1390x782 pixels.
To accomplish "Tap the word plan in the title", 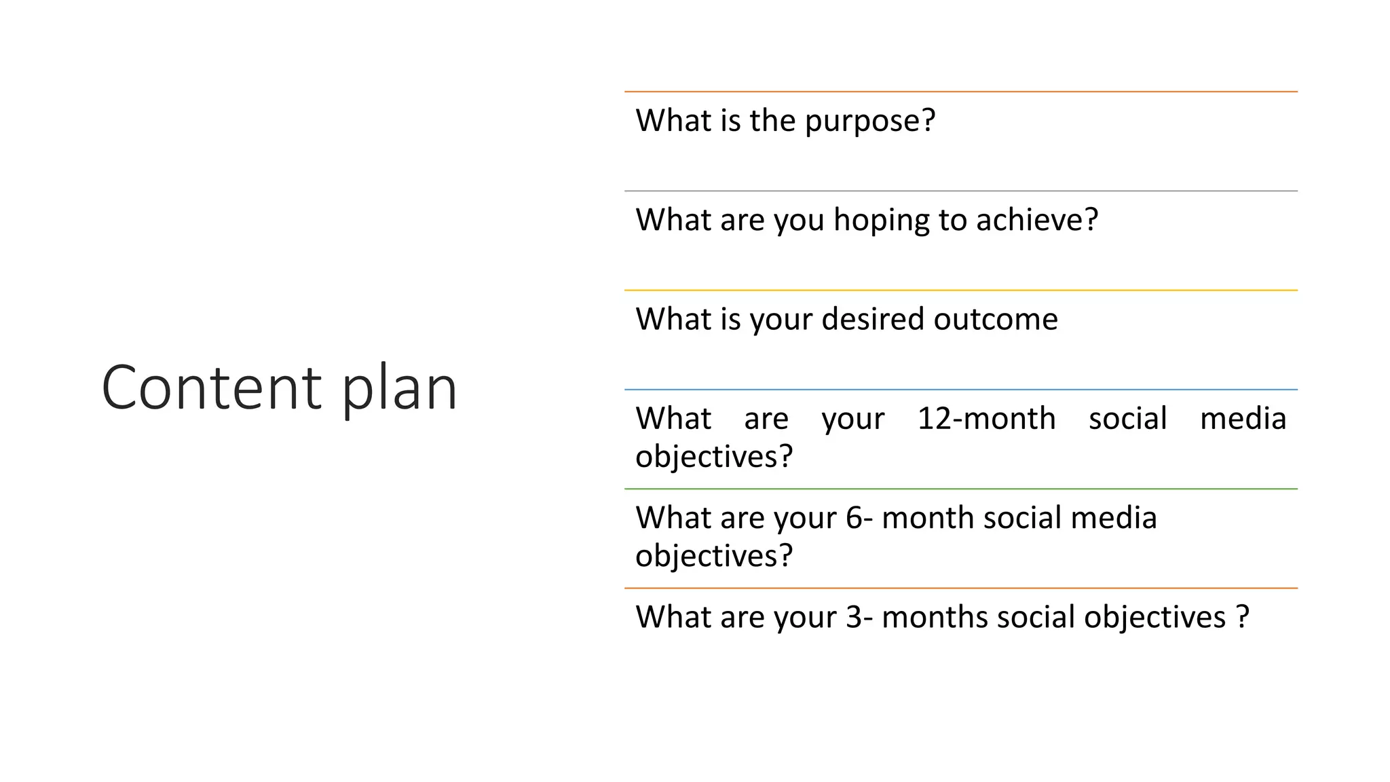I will [399, 388].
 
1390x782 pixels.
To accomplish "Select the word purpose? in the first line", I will [870, 121].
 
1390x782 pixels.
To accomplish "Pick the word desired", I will [873, 319].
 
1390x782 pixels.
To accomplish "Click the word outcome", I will [995, 319].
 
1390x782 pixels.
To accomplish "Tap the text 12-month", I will [986, 418].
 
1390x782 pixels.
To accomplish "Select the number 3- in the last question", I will [859, 617].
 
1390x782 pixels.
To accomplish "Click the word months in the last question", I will [935, 617].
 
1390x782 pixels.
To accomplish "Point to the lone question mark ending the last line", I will [1243, 617].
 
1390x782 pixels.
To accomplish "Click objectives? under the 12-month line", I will [714, 456].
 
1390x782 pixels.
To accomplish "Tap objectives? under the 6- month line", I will [714, 556].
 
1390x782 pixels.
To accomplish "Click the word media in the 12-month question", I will [1242, 418].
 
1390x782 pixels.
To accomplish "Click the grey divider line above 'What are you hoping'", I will [960, 191].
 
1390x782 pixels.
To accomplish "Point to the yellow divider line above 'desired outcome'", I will [960, 291].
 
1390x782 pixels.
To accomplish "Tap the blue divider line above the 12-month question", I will [960, 390].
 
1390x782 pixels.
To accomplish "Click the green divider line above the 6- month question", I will [960, 489].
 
